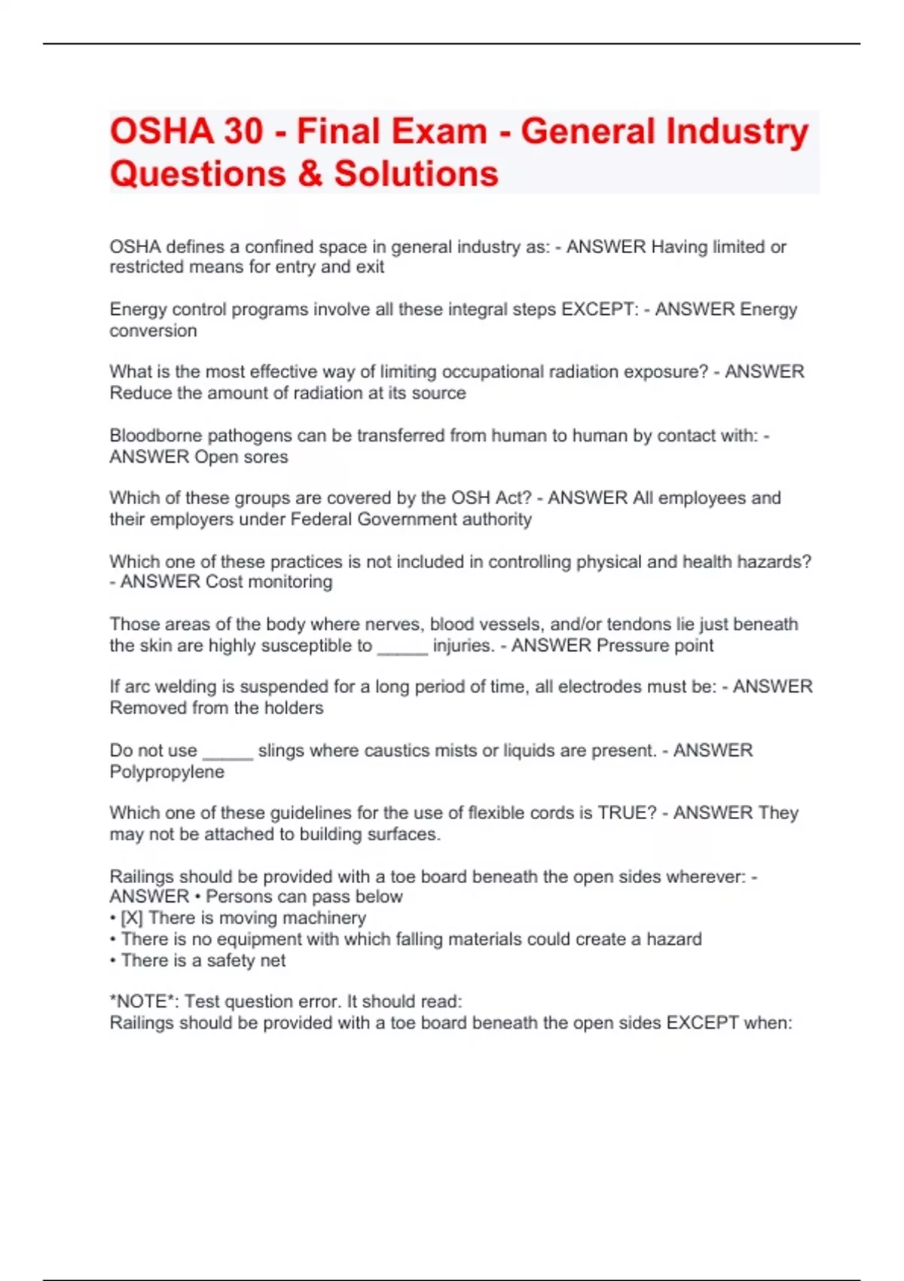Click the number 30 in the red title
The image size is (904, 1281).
(243, 131)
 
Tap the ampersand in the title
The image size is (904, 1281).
(310, 174)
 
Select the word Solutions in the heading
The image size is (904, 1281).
(416, 174)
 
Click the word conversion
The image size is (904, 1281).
(153, 331)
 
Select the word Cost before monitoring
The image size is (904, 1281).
(224, 582)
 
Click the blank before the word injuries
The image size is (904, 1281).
(402, 647)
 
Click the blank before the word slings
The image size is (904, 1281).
(228, 751)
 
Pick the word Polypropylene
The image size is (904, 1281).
(166, 772)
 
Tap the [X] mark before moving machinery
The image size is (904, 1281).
(131, 918)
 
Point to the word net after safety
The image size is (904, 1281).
(273, 961)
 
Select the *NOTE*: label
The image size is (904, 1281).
(145, 1001)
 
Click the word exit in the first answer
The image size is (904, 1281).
(370, 268)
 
